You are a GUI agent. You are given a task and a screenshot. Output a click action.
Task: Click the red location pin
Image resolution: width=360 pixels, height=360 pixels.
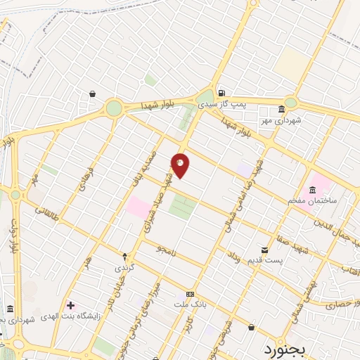point(180,165)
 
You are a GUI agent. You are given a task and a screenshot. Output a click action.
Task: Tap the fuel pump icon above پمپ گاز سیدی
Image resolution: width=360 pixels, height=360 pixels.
point(221,92)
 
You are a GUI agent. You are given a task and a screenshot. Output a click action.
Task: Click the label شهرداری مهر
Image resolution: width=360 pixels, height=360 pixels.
point(281,120)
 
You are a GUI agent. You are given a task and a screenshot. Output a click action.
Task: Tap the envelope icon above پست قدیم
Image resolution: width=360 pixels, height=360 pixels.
point(264,250)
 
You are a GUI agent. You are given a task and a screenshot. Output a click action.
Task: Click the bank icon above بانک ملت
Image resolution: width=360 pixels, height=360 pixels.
point(189,294)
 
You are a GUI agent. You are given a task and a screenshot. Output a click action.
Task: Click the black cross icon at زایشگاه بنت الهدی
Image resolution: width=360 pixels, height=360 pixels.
point(70,304)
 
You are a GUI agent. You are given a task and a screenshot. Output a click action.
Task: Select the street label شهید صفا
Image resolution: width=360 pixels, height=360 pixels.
point(298,238)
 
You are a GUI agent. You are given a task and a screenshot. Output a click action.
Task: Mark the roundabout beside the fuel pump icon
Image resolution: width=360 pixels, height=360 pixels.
point(205,98)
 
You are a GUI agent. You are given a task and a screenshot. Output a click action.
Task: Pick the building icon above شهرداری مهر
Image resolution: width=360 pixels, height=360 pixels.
point(281,109)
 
